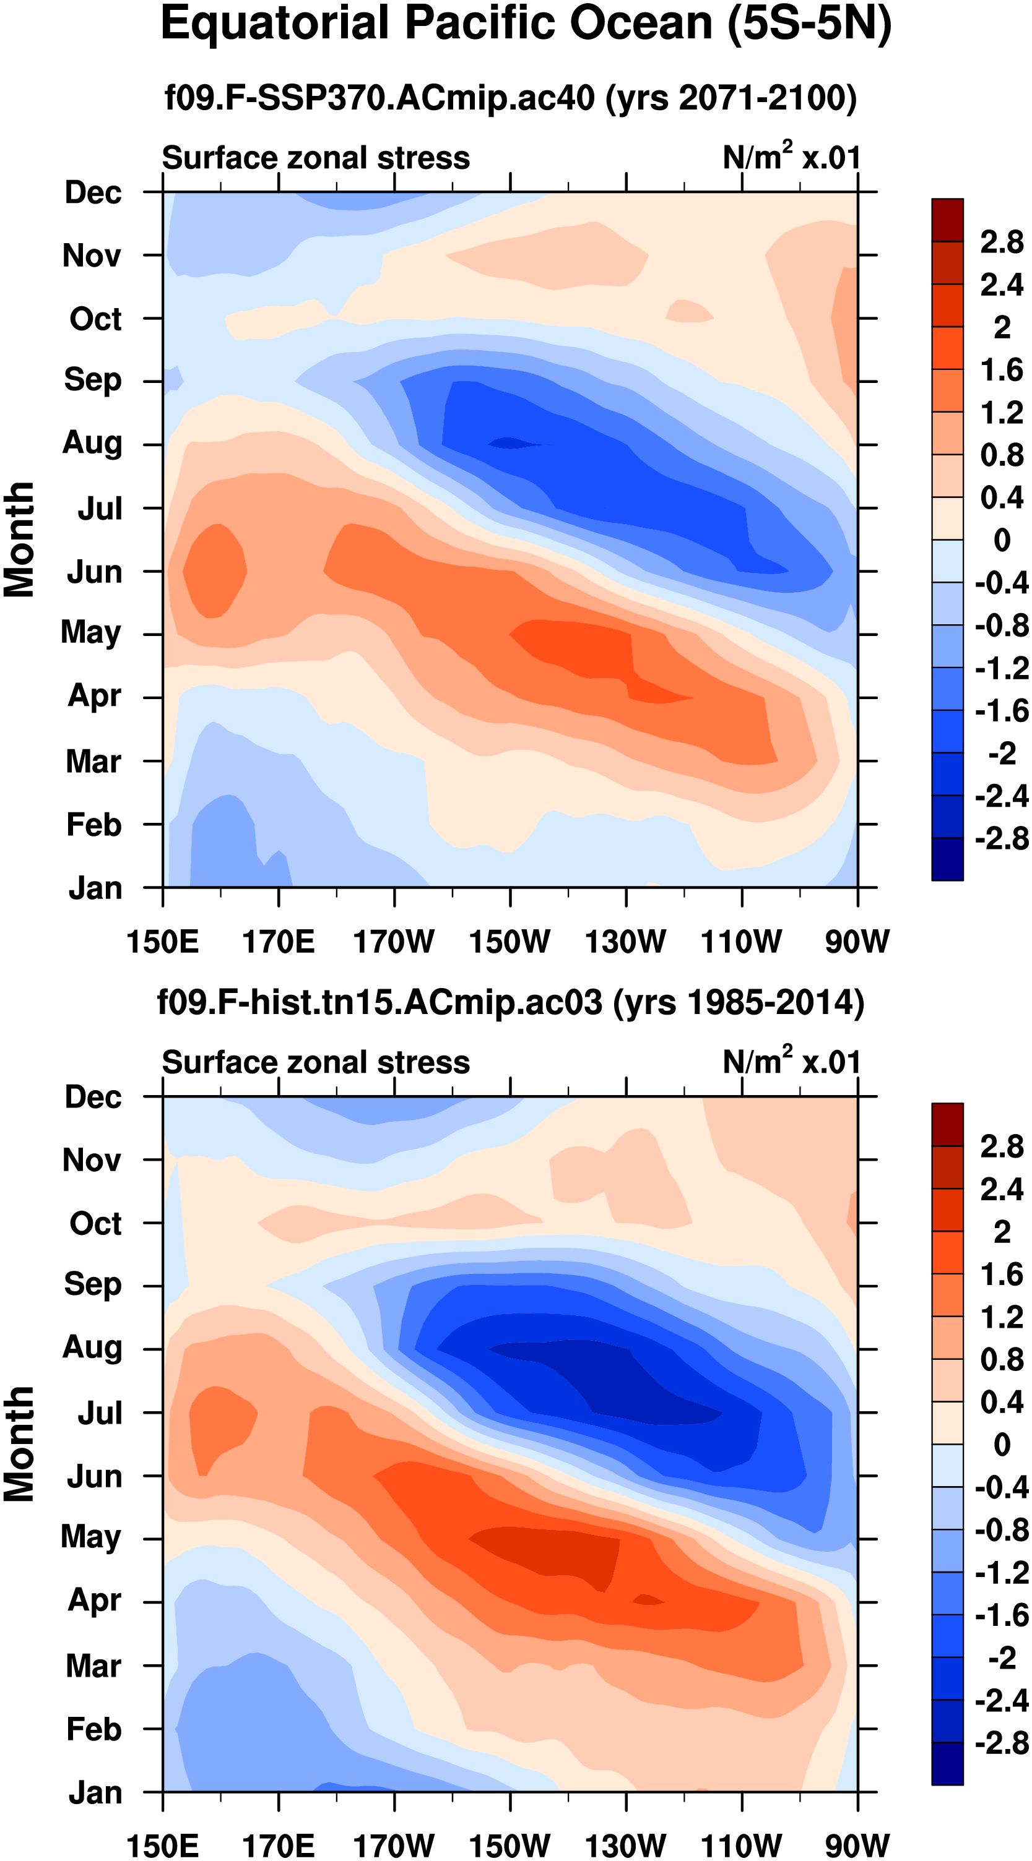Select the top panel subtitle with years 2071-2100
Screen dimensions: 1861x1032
510,98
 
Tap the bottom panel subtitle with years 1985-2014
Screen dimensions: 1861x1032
510,1002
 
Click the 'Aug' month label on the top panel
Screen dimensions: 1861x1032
92,443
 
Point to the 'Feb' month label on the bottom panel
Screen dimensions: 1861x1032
93,1729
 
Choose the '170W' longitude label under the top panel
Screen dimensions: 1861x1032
394,942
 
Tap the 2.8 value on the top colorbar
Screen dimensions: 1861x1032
1002,242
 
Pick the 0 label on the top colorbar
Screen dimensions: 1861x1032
1002,539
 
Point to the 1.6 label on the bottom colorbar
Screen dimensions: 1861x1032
1002,1274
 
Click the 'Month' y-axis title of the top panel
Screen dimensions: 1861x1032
20,539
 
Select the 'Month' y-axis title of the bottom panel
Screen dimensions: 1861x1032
20,1444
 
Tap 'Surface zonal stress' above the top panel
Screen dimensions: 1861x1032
316,158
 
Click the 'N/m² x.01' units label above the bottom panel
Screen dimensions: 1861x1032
791,1062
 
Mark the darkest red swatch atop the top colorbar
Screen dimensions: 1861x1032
947,220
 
